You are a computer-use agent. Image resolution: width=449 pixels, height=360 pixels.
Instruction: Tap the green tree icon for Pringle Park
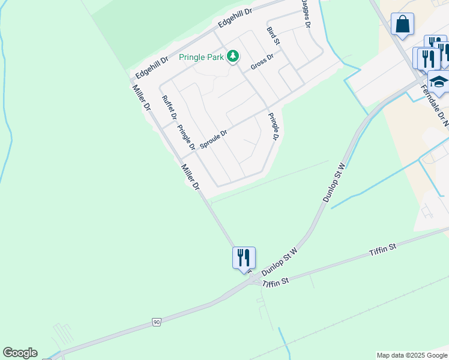(x=232, y=57)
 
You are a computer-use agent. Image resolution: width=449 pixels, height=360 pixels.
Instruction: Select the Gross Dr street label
(x=262, y=61)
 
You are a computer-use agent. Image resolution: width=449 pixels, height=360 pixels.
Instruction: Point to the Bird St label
(x=273, y=35)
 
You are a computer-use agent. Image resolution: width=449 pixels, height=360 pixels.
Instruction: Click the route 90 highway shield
(x=157, y=322)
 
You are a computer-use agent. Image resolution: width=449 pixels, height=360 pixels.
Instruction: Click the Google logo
(x=20, y=353)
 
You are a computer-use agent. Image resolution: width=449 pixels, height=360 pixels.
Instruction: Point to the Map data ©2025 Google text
(x=411, y=355)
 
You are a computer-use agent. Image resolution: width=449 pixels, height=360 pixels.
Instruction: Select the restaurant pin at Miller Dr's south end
(x=244, y=258)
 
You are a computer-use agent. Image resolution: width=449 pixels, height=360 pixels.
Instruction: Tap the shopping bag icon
(x=402, y=25)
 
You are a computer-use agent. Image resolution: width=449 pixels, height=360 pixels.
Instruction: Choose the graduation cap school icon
(x=439, y=82)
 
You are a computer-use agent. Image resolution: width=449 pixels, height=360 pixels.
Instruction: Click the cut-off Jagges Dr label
(x=306, y=13)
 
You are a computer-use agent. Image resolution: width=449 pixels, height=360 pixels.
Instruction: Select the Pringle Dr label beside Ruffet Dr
(x=187, y=137)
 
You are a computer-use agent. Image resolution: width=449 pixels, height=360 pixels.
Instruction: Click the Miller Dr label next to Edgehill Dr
(x=142, y=98)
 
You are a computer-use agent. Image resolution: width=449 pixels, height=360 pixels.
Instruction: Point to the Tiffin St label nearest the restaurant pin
(x=276, y=281)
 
